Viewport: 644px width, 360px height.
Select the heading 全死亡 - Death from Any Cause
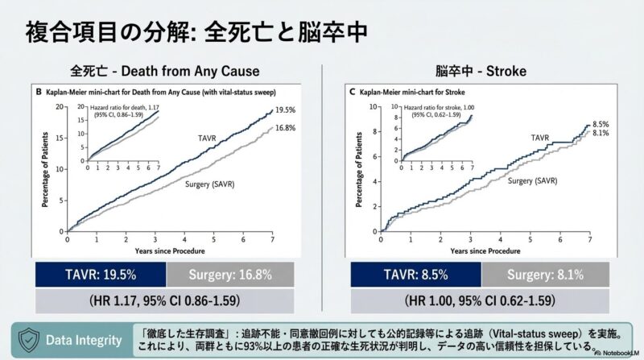point(160,72)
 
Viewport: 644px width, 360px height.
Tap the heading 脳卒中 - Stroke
point(481,72)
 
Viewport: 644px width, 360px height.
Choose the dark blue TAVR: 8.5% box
point(416,274)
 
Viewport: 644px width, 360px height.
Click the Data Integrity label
point(84,339)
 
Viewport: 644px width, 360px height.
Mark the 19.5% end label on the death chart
point(285,110)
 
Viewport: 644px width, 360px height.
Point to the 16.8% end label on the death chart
point(285,127)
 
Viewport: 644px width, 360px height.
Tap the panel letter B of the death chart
point(38,93)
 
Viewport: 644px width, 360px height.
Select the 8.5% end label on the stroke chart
point(601,124)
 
